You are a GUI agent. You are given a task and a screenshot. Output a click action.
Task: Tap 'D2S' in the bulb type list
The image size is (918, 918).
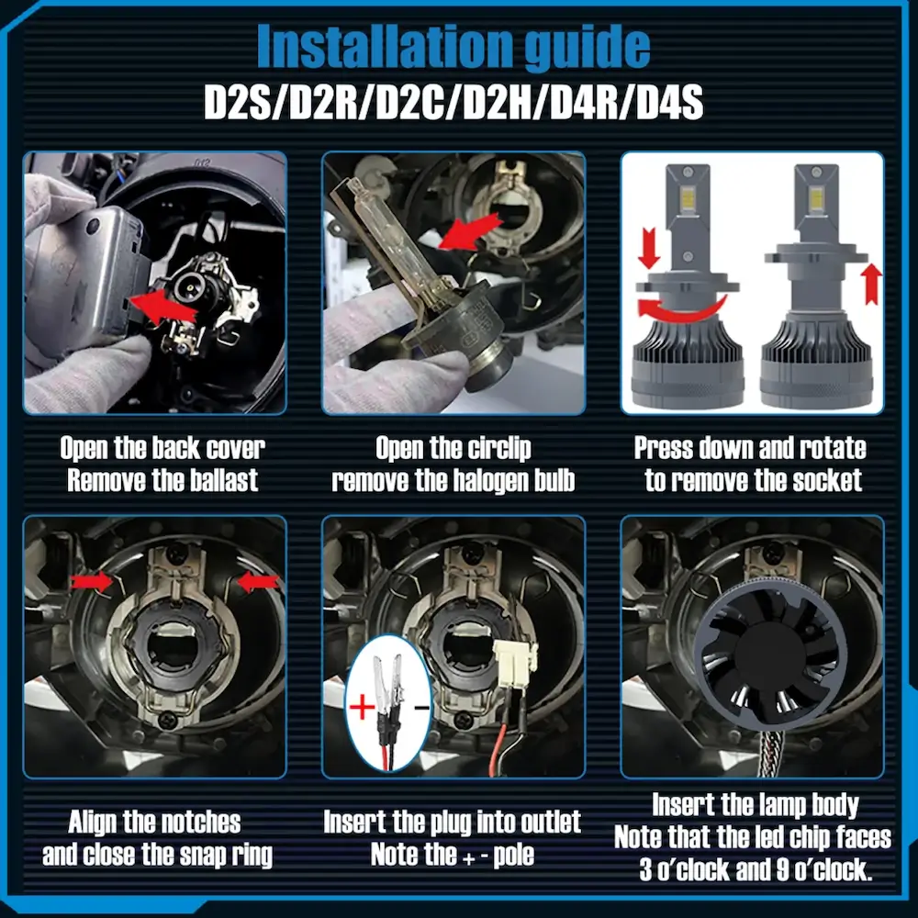pos(237,103)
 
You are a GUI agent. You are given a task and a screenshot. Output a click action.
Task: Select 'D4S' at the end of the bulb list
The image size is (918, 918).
pos(669,103)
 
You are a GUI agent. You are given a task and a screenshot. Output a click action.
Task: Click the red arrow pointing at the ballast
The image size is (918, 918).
pos(162,306)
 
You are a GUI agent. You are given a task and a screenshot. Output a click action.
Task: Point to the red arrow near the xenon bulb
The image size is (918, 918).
pos(469,230)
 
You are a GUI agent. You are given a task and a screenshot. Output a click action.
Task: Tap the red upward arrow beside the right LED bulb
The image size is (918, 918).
pos(872,284)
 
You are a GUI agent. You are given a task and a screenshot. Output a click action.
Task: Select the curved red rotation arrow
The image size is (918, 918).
pos(679,310)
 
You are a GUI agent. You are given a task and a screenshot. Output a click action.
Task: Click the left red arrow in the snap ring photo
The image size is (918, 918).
pos(91,581)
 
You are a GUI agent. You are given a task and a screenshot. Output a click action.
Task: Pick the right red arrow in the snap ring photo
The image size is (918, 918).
pos(258,582)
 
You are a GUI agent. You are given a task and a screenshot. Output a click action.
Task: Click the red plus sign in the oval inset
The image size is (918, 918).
pos(362,707)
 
